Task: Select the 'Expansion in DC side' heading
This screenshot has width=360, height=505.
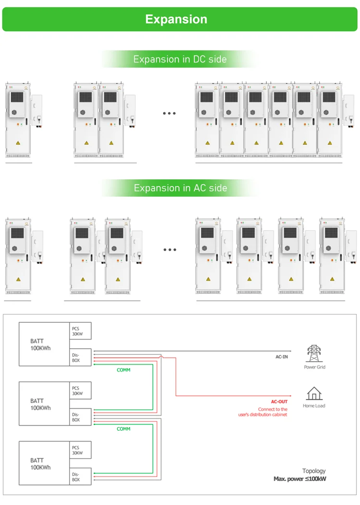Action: pos(180,59)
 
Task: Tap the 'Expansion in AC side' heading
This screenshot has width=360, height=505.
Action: pos(180,188)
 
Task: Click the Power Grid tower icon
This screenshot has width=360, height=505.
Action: pos(314,354)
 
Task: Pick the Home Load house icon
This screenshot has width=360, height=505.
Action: pos(314,394)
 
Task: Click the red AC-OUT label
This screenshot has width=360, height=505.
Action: pos(279,402)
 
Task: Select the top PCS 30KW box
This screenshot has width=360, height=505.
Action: pos(80,331)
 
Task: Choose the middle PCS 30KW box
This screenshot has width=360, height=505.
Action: pos(80,391)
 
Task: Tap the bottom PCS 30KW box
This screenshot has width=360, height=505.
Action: pos(80,450)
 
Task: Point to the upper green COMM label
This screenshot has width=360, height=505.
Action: pos(123,370)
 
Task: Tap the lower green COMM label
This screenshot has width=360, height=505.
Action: pos(123,429)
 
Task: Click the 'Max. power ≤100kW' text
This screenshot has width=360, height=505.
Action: pos(300,479)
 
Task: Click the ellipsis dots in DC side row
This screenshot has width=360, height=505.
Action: pos(169,114)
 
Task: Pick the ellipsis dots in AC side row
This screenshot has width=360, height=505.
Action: pos(169,250)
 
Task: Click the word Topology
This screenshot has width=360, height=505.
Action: pos(313,471)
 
